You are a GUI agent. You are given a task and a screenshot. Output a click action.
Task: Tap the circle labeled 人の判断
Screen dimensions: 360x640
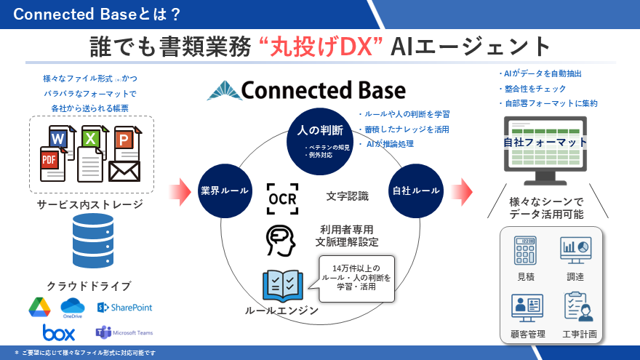(321, 135)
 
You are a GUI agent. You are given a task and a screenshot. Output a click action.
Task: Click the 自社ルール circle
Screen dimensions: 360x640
(416, 191)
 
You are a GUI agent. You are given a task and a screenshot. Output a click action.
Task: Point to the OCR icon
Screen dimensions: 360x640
(282, 199)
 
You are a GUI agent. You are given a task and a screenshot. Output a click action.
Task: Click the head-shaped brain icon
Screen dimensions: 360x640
(281, 241)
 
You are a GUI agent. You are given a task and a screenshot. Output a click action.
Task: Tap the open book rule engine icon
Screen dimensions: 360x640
(282, 284)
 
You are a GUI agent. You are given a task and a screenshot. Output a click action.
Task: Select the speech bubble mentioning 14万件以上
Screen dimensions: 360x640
(356, 278)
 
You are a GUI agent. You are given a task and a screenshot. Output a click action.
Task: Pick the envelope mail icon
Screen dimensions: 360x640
(124, 169)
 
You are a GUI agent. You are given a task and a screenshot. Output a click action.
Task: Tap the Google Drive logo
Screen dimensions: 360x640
(39, 308)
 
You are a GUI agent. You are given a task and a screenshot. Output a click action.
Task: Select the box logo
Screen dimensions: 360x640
(59, 333)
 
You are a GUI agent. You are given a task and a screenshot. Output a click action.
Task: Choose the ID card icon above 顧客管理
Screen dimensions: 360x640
(526, 307)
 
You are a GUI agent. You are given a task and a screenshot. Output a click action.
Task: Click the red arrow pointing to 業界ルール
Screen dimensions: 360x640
(179, 191)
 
